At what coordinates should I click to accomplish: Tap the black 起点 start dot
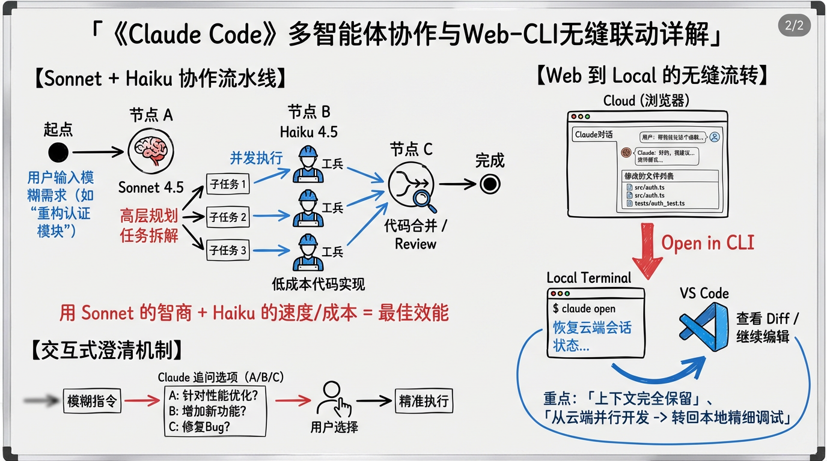[58, 152]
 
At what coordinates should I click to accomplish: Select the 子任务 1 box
[228, 184]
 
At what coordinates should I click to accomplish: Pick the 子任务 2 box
[228, 217]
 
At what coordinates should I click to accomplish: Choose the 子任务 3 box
[228, 250]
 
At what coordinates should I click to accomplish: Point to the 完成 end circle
[490, 184]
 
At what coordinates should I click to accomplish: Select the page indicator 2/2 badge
[794, 25]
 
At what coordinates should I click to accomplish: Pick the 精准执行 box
[424, 401]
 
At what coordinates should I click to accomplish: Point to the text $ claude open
[584, 309]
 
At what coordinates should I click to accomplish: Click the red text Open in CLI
[707, 243]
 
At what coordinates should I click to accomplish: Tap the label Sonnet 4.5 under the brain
[151, 187]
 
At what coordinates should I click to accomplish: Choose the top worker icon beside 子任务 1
[308, 164]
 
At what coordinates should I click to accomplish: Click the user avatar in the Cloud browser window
[714, 137]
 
